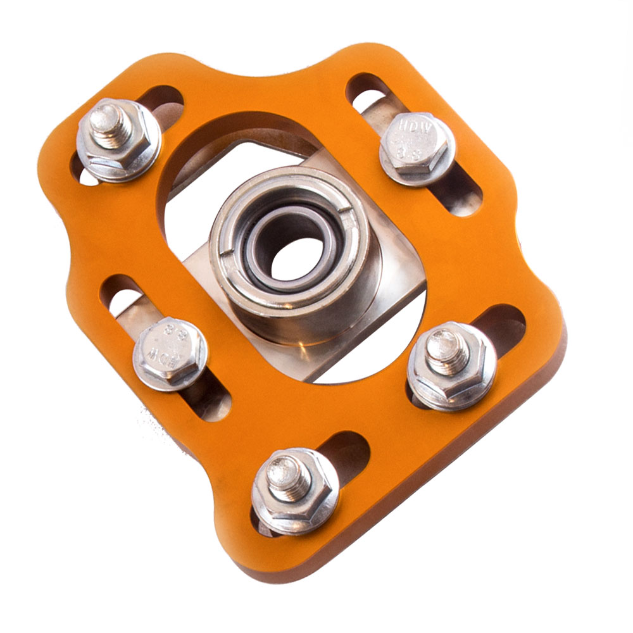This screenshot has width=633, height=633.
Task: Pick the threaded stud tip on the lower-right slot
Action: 445,352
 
